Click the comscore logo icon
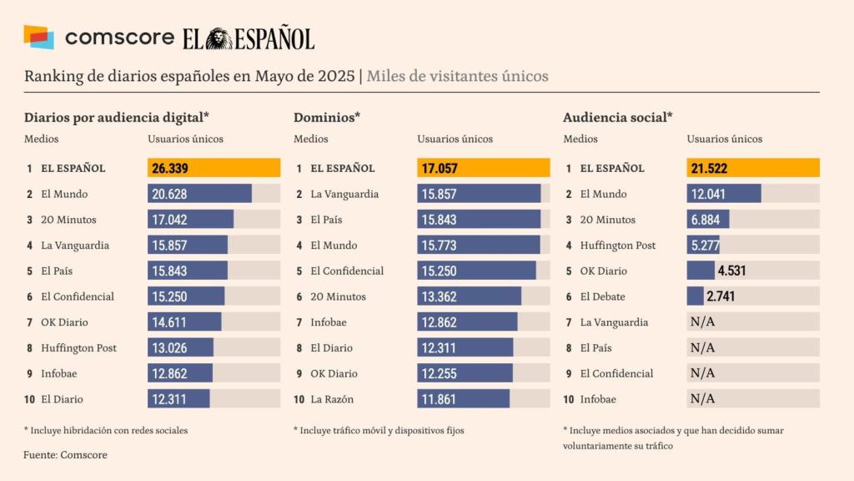pyautogui.click(x=38, y=37)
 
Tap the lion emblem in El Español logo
pyautogui.click(x=219, y=38)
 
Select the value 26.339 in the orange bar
pyautogui.click(x=170, y=169)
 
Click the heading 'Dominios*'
pyautogui.click(x=327, y=118)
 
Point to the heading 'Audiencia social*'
pyautogui.click(x=618, y=118)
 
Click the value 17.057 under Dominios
pyautogui.click(x=440, y=169)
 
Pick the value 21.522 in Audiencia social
pyautogui.click(x=709, y=169)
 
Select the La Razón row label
pyautogui.click(x=332, y=399)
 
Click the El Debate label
pyautogui.click(x=602, y=296)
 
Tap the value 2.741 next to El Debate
pyautogui.click(x=721, y=296)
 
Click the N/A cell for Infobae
pyautogui.click(x=702, y=399)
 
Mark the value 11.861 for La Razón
pyautogui.click(x=439, y=399)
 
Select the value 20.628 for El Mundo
pyautogui.click(x=170, y=195)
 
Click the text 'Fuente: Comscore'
pyautogui.click(x=65, y=455)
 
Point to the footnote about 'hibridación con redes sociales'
pyautogui.click(x=106, y=431)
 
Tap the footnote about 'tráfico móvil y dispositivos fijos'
pyautogui.click(x=379, y=431)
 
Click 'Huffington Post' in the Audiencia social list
pyautogui.click(x=618, y=246)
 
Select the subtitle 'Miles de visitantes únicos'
pyautogui.click(x=457, y=76)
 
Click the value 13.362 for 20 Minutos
pyautogui.click(x=439, y=296)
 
